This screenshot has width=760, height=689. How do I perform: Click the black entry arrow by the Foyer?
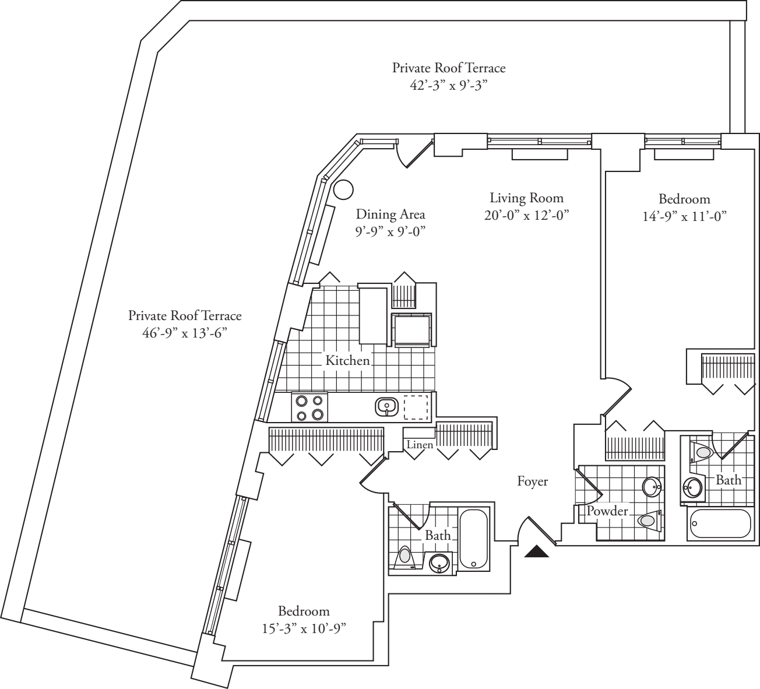pyautogui.click(x=537, y=551)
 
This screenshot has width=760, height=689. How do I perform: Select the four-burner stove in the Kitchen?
pyautogui.click(x=309, y=407)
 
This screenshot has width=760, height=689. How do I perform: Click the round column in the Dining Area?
pyautogui.click(x=343, y=188)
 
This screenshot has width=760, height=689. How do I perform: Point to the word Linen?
pyautogui.click(x=420, y=445)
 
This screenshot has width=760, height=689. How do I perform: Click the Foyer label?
pyautogui.click(x=533, y=481)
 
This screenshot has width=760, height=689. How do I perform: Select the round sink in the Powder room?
pyautogui.click(x=652, y=486)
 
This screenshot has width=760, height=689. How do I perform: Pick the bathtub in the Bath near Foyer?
pyautogui.click(x=474, y=539)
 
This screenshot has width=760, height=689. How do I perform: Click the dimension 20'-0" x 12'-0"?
pyautogui.click(x=526, y=215)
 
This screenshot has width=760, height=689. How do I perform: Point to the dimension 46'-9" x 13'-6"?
pyautogui.click(x=185, y=333)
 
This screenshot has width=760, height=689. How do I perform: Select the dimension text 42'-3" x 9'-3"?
pyautogui.click(x=448, y=86)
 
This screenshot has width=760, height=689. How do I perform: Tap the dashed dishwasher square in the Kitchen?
pyautogui.click(x=416, y=407)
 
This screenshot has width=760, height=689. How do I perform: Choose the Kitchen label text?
pyautogui.click(x=347, y=361)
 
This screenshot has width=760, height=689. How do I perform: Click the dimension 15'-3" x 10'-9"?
pyautogui.click(x=304, y=629)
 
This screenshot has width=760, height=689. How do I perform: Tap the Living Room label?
pyautogui.click(x=526, y=198)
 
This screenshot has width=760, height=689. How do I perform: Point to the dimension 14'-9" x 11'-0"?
pyautogui.click(x=684, y=216)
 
